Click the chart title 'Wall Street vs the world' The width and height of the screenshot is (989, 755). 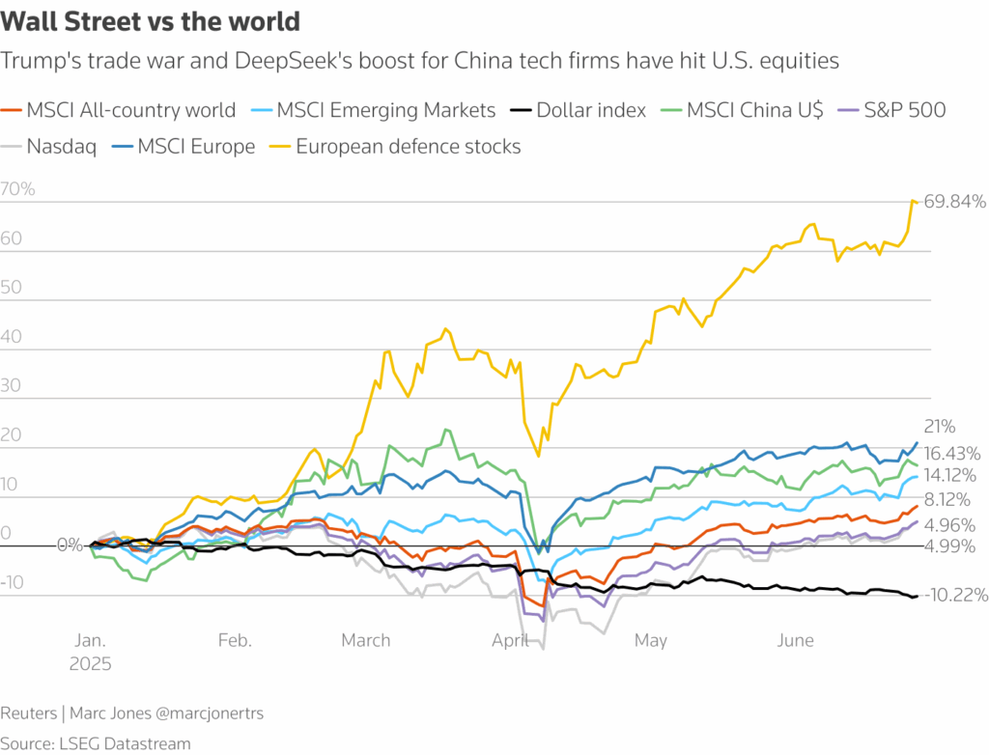150,21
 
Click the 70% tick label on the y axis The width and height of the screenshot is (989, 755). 18,189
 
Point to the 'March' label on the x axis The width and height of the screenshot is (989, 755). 366,640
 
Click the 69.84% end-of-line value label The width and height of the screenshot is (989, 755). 954,202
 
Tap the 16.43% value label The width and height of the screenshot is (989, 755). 953,453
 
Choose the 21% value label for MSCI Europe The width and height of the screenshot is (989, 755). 939,427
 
